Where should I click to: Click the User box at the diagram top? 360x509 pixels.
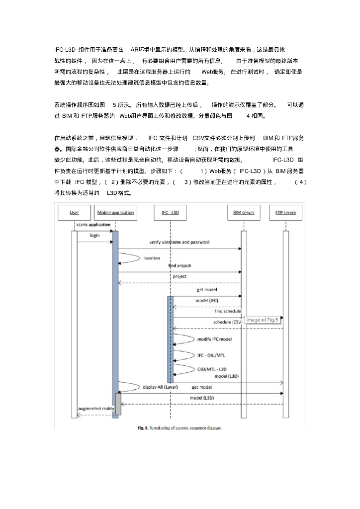pyautogui.click(x=74, y=213)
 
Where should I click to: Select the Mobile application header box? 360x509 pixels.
pyautogui.click(x=115, y=213)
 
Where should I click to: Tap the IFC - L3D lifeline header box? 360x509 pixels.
pyautogui.click(x=170, y=213)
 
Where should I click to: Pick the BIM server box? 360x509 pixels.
pyautogui.click(x=244, y=213)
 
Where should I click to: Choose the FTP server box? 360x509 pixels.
pyautogui.click(x=285, y=213)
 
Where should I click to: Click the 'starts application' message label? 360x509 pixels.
pyautogui.click(x=93, y=225)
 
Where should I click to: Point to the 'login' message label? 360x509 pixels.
pyautogui.click(x=94, y=235)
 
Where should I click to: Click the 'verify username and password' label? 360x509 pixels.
pyautogui.click(x=179, y=243)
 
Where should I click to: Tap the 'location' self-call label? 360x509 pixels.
pyautogui.click(x=152, y=258)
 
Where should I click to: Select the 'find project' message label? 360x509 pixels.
pyautogui.click(x=179, y=266)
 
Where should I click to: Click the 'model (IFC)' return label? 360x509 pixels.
pyautogui.click(x=206, y=301)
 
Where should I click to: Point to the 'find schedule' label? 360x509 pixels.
pyautogui.click(x=228, y=311)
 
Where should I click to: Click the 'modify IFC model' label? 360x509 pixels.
pyautogui.click(x=214, y=339)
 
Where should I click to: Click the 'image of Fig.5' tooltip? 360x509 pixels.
pyautogui.click(x=264, y=320)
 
